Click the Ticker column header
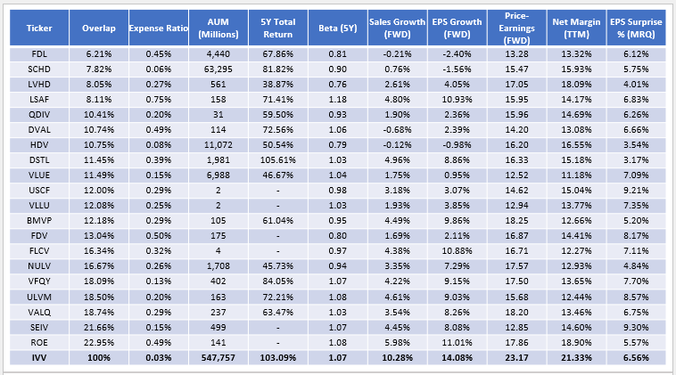(x=36, y=28)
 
